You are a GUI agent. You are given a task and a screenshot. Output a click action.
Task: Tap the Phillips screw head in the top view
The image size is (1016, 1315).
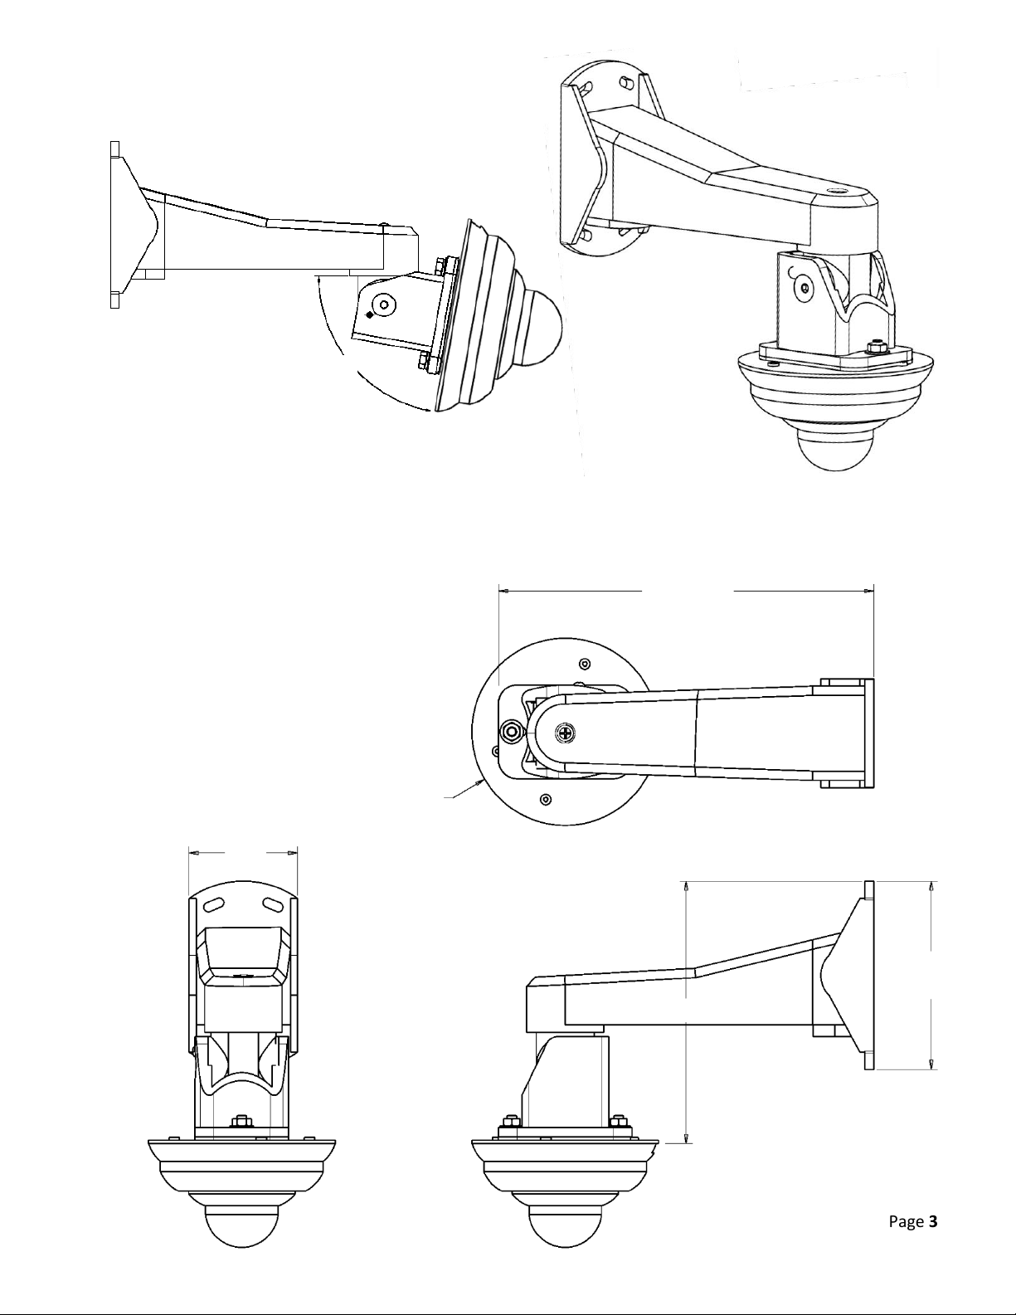coord(566,733)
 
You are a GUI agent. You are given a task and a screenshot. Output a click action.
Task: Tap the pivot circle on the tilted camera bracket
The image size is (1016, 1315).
coord(384,303)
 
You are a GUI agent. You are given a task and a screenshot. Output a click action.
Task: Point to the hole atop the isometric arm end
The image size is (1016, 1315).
coord(839,195)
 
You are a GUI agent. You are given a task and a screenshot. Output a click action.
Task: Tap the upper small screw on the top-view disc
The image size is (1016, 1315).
coord(584,664)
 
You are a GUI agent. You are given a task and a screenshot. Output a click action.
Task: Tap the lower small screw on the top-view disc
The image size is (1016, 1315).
coord(546,800)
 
